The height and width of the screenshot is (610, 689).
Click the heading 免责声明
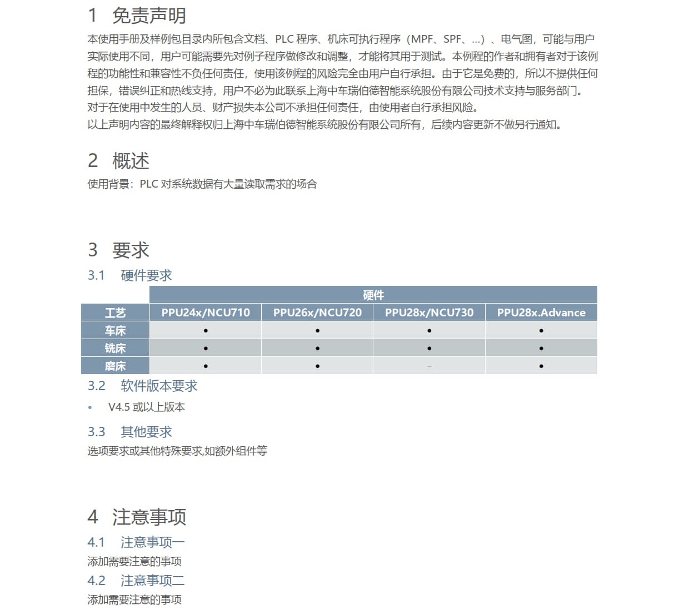pyautogui.click(x=149, y=16)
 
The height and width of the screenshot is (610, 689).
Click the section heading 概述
pyautogui.click(x=131, y=161)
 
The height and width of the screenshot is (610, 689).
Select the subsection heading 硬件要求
pyautogui.click(x=146, y=275)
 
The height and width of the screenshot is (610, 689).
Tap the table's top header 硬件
pyautogui.click(x=373, y=295)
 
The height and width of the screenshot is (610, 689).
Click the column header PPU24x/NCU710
pyautogui.click(x=206, y=312)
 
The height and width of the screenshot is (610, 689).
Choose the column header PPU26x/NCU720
pyautogui.click(x=317, y=312)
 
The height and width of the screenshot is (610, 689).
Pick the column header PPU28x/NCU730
pyautogui.click(x=429, y=312)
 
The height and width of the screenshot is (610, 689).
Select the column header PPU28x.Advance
pyautogui.click(x=541, y=312)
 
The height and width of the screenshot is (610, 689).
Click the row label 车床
pyautogui.click(x=116, y=331)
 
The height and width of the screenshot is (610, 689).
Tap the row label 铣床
pyautogui.click(x=116, y=349)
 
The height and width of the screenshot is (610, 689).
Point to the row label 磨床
pyautogui.click(x=116, y=366)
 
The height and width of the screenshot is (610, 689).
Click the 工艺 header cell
pyautogui.click(x=116, y=313)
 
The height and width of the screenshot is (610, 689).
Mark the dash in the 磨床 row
pyautogui.click(x=429, y=366)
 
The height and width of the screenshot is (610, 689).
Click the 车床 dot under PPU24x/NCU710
pyautogui.click(x=206, y=331)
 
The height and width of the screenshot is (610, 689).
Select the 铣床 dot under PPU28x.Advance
pyautogui.click(x=541, y=349)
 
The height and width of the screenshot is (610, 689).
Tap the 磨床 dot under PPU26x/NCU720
pyautogui.click(x=317, y=366)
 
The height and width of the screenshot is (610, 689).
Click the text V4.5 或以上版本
pyautogui.click(x=147, y=407)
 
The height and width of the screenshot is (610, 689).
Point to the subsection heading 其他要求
pyautogui.click(x=146, y=432)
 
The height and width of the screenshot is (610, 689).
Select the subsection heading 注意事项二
pyautogui.click(x=152, y=581)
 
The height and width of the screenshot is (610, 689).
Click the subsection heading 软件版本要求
pyautogui.click(x=159, y=386)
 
